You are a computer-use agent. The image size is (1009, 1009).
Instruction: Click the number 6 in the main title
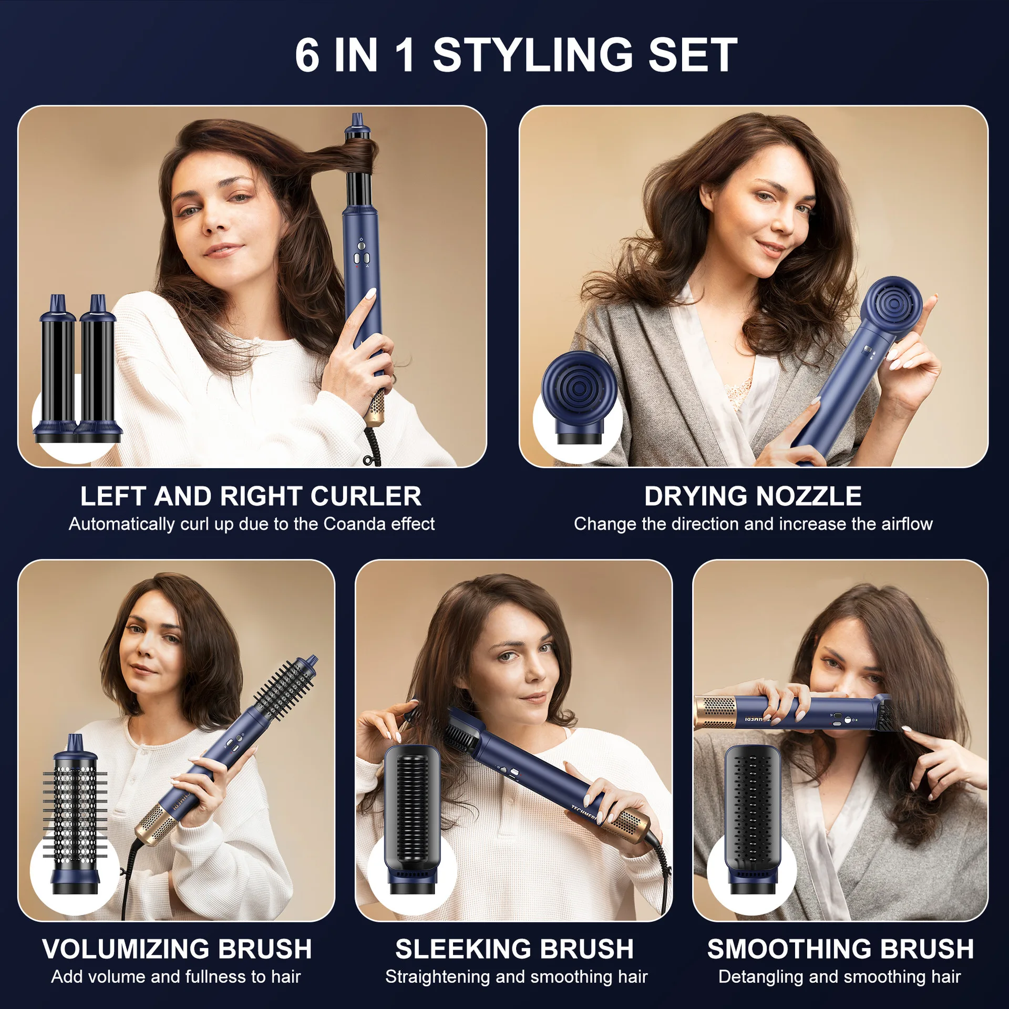307,56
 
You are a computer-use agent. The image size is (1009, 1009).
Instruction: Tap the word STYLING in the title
533,56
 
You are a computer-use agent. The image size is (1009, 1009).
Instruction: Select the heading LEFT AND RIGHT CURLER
251,496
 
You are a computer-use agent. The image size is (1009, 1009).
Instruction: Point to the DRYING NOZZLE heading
753,496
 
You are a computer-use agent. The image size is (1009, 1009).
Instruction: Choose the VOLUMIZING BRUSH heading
177,949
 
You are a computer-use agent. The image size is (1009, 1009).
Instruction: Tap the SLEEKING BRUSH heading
514,949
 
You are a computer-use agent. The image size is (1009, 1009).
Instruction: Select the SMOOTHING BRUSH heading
840,949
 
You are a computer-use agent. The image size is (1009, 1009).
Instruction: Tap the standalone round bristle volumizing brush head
75,815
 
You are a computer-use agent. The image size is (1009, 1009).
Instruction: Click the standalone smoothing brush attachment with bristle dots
753,815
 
